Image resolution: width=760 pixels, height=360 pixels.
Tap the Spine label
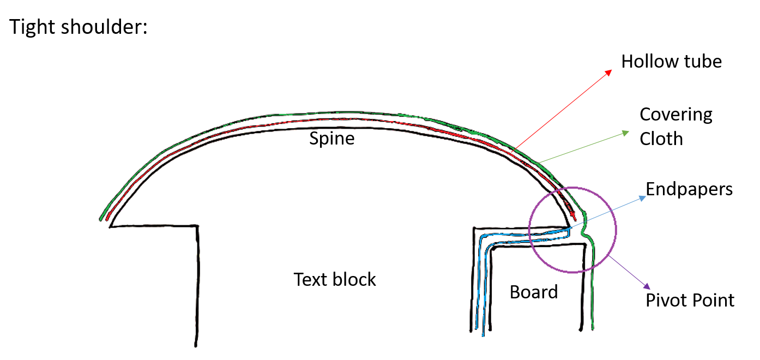(332, 138)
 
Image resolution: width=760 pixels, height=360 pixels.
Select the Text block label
(335, 279)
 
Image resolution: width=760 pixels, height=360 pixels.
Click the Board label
(534, 292)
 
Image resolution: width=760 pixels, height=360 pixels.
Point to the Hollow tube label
(671, 61)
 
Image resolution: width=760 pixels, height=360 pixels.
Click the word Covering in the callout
(675, 115)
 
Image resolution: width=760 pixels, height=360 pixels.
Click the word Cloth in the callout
(661, 139)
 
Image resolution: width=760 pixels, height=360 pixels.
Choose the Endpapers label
(689, 189)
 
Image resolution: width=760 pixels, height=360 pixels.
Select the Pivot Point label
(690, 300)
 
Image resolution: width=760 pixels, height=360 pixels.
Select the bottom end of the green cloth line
(593, 328)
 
